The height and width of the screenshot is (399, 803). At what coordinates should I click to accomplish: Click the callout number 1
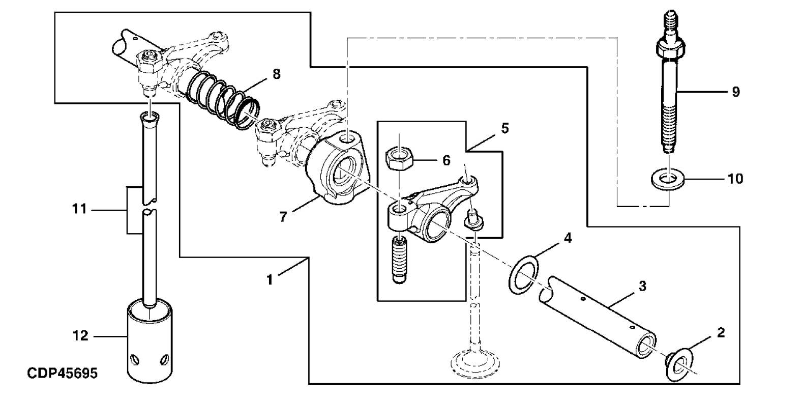click(x=270, y=279)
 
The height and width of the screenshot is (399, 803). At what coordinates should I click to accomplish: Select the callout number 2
click(x=720, y=333)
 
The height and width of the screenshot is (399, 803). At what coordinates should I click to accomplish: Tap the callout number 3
click(x=642, y=287)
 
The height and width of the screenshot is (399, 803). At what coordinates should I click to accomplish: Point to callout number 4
click(x=568, y=238)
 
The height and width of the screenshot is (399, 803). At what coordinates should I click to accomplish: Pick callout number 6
click(x=446, y=161)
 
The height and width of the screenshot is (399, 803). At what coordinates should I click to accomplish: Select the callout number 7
click(x=283, y=217)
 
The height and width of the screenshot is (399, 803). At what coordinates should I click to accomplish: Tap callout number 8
click(x=276, y=74)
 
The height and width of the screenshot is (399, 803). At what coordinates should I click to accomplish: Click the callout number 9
click(x=735, y=92)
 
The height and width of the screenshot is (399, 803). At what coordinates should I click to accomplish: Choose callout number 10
click(x=735, y=179)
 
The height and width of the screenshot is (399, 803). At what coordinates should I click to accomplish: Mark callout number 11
click(x=80, y=209)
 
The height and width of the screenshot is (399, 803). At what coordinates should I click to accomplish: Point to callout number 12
click(x=81, y=336)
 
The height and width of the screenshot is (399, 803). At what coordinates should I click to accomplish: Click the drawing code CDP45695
click(x=62, y=373)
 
